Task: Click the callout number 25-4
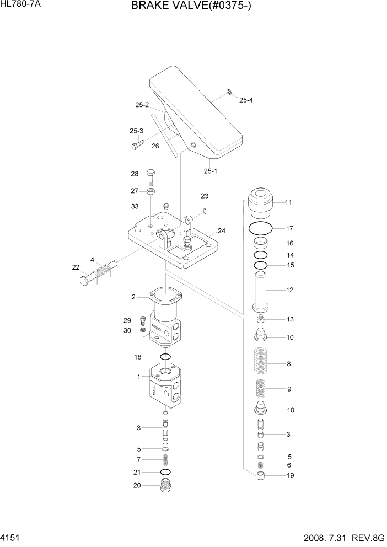click(x=246, y=100)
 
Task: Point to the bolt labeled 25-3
click(x=137, y=145)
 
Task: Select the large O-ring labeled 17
click(x=260, y=228)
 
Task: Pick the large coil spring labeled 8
click(x=262, y=364)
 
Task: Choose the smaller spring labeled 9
click(x=262, y=390)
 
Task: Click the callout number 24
click(x=221, y=230)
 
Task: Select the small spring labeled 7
click(x=164, y=459)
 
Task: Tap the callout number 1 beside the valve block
click(x=139, y=377)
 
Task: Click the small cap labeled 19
click(x=262, y=476)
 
